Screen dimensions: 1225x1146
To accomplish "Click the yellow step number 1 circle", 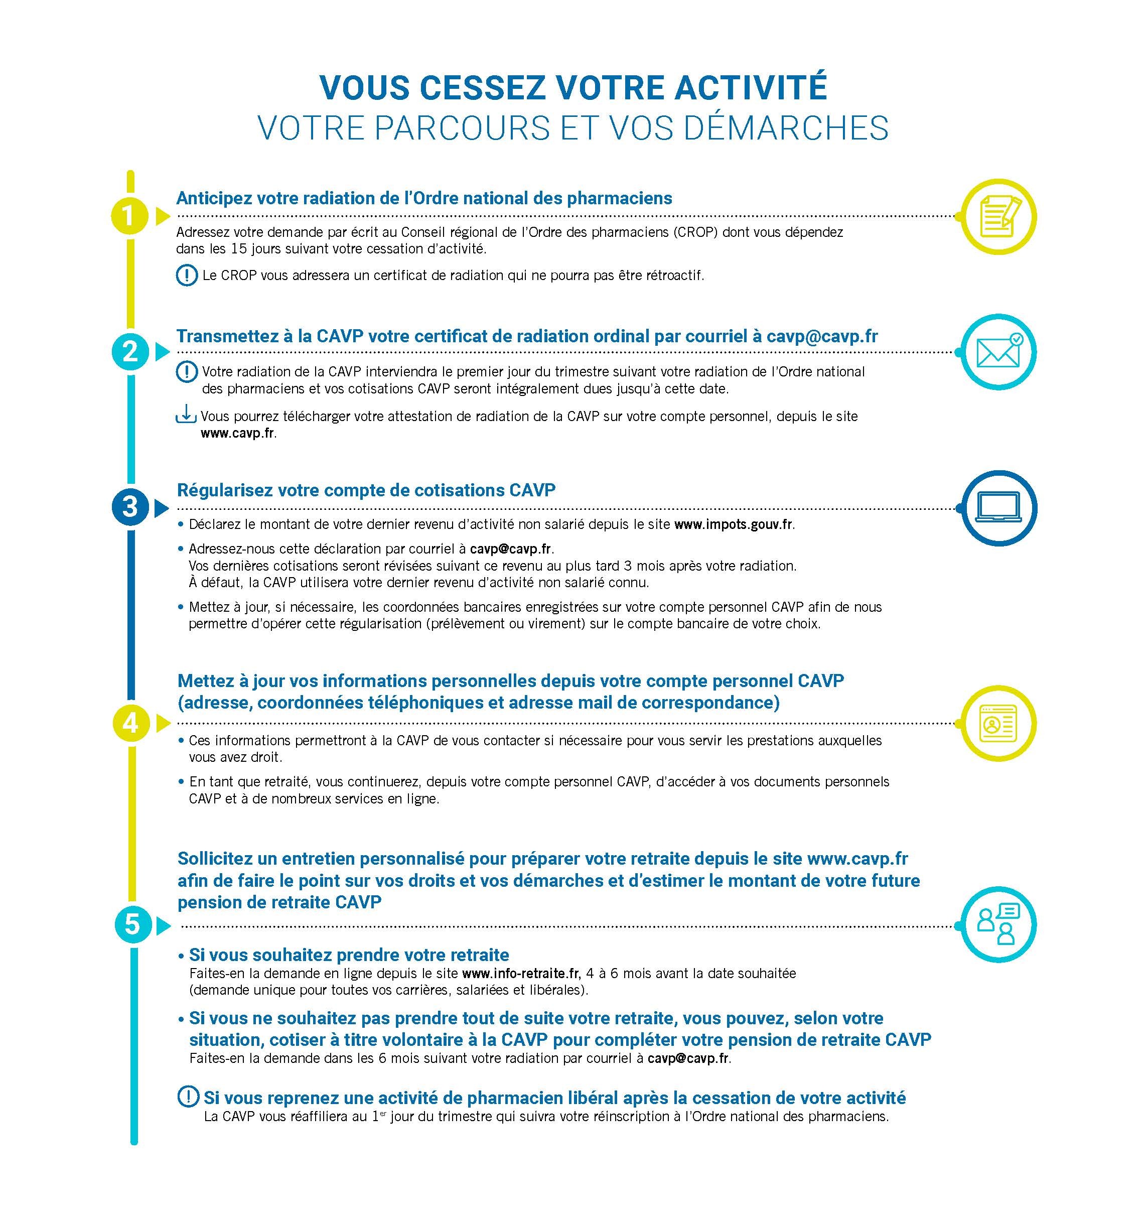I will point(129,216).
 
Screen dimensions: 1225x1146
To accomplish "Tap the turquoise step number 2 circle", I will point(130,352).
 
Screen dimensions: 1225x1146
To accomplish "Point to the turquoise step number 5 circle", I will point(132,925).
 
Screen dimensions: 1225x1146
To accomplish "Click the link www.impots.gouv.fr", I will point(733,525).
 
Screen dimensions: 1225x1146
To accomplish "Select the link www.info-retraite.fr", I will point(520,973).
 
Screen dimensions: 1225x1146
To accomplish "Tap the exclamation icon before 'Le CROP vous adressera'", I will point(186,275).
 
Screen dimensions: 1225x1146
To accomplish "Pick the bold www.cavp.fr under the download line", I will point(237,433).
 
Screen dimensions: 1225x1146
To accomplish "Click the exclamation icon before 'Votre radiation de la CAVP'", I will point(186,371).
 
